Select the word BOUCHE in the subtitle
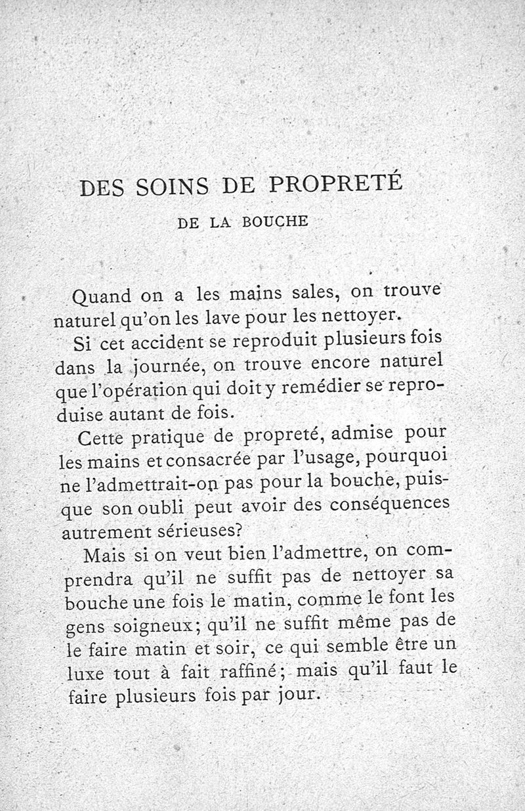point(275,221)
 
